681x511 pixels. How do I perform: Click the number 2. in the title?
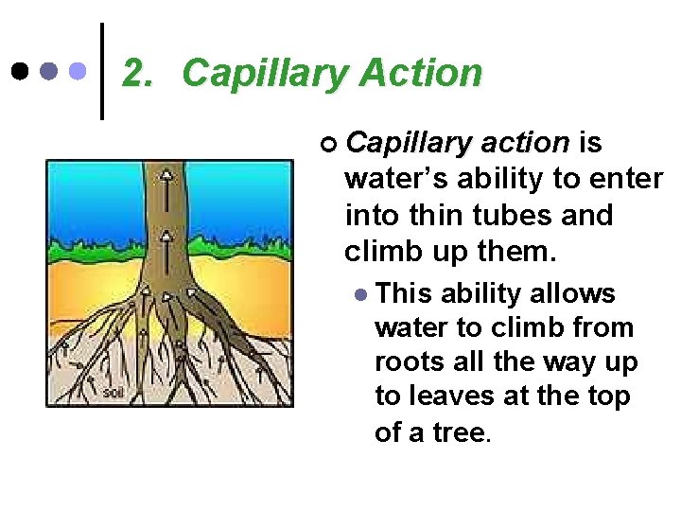138,73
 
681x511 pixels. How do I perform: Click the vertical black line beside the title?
102,71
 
